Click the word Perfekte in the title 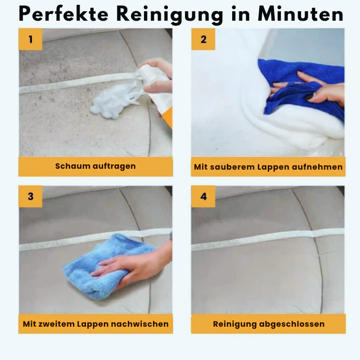coord(63,14)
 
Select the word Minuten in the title coord(301,14)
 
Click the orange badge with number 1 coord(30,39)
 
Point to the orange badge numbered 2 coord(203,39)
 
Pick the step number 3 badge coord(30,197)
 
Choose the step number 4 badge coord(203,197)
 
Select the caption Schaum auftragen coord(95,166)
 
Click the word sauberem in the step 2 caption coord(232,167)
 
